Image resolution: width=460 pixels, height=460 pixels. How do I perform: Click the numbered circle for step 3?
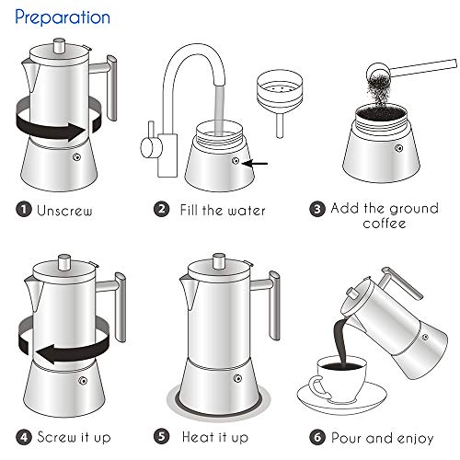point(316,209)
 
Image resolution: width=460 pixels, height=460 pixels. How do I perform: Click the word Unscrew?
point(65,210)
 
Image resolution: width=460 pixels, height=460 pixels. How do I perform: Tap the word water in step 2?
point(245,210)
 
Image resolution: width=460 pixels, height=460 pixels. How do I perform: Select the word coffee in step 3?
point(385,224)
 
